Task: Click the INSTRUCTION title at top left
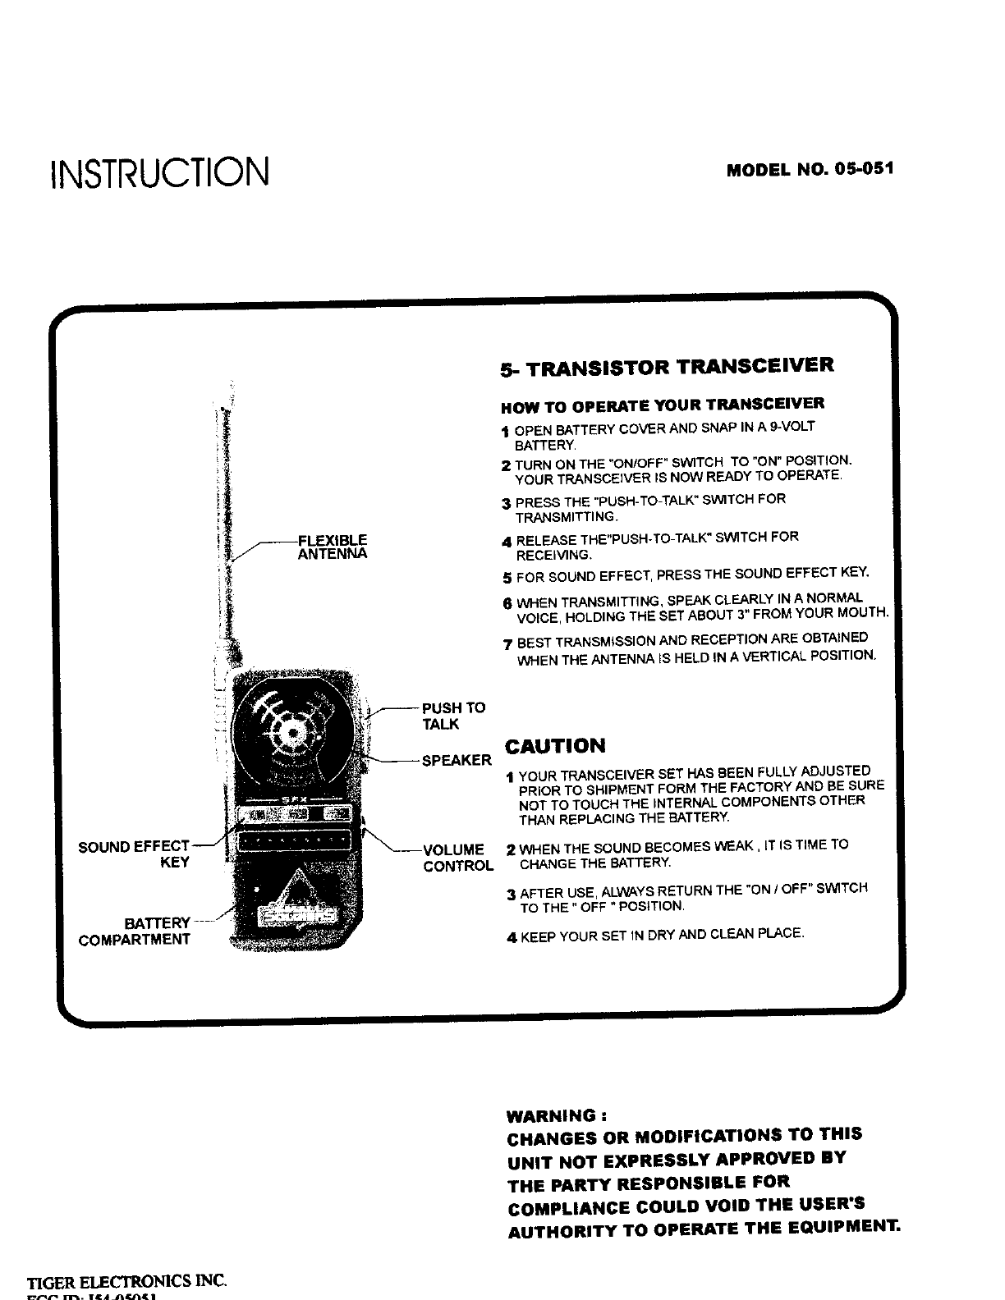point(159,171)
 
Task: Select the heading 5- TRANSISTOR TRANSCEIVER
point(667,366)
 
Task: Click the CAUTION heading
point(555,746)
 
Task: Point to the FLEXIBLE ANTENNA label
point(332,547)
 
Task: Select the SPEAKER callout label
point(457,760)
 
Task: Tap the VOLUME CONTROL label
point(457,858)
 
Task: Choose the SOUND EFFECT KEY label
point(135,854)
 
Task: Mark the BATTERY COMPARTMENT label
point(135,932)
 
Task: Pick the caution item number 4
point(512,936)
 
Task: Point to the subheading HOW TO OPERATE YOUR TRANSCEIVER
point(663,405)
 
